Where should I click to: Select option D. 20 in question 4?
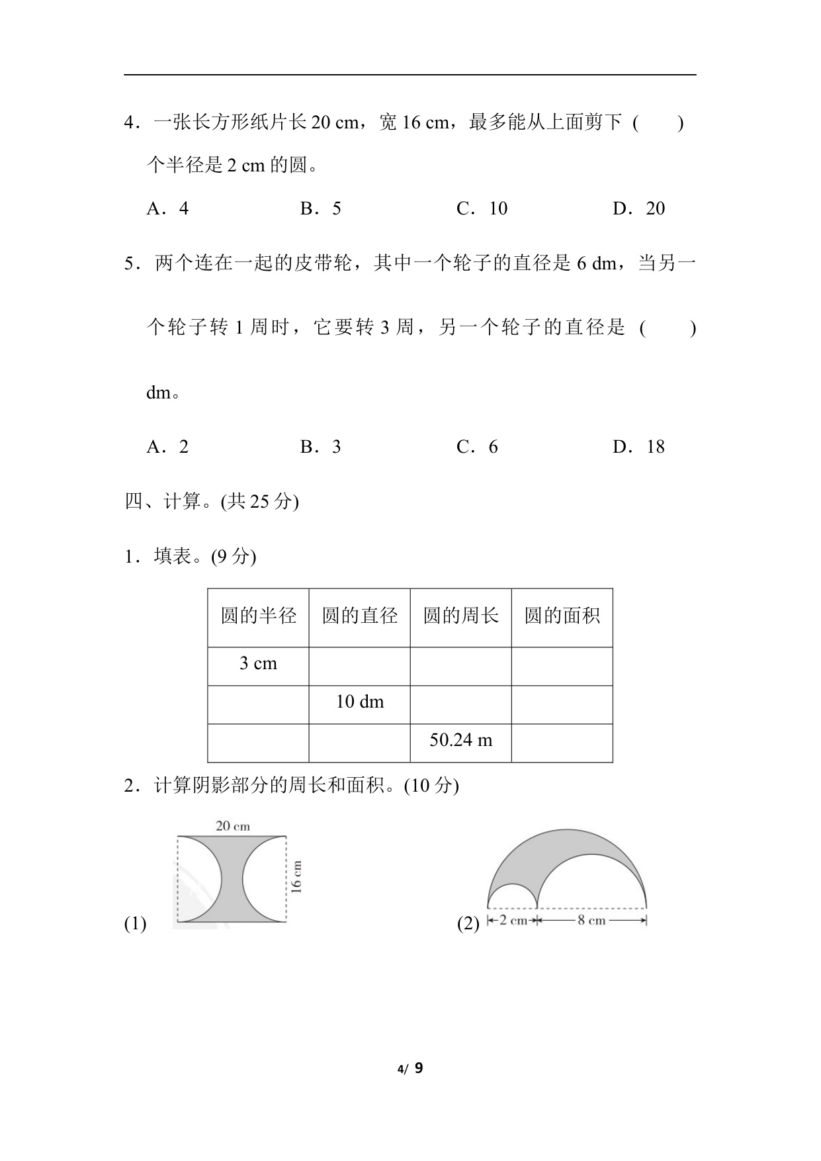(638, 209)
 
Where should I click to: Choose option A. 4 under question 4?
(167, 209)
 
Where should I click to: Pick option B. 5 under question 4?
(321, 209)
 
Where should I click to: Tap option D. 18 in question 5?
(638, 447)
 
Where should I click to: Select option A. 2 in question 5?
(167, 447)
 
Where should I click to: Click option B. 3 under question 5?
(321, 447)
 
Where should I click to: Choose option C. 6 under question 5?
(477, 447)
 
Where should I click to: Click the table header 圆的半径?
(258, 616)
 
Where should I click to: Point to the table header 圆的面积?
(562, 616)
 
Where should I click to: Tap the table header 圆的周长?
(460, 616)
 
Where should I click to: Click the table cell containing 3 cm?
(258, 664)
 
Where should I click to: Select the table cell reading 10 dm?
(359, 702)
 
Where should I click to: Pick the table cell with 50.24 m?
(460, 740)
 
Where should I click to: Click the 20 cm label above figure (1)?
(233, 825)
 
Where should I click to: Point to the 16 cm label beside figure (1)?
(296, 877)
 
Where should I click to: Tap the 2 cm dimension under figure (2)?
(513, 920)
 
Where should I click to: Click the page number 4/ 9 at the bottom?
(410, 1068)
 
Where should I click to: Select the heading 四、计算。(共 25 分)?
(212, 502)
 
